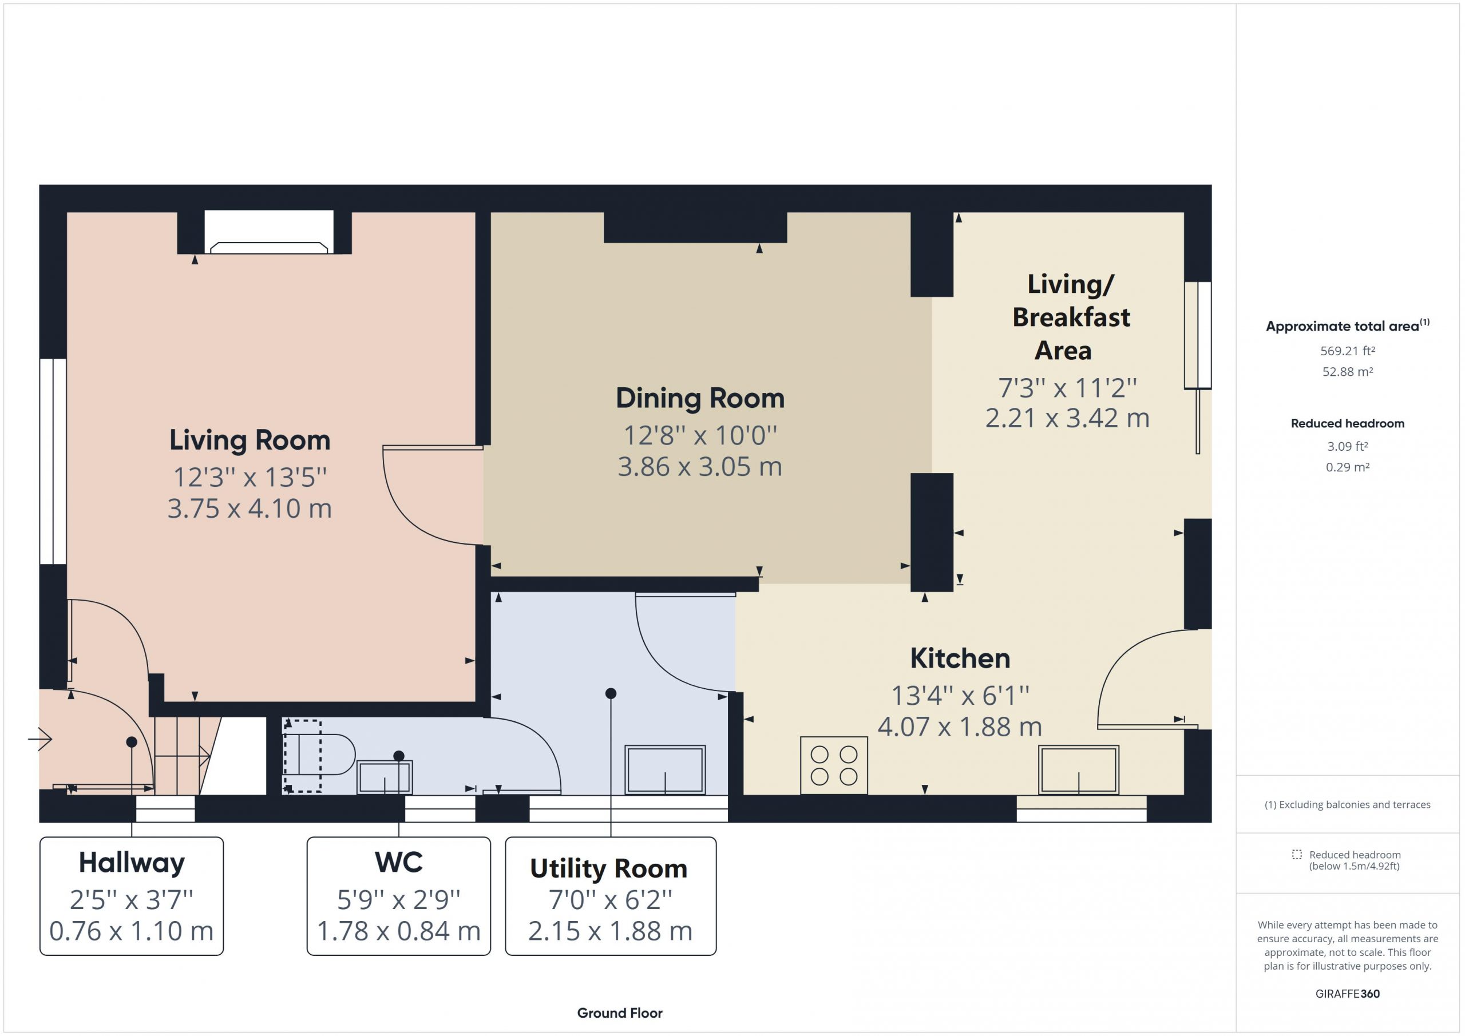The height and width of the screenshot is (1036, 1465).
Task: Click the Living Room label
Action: pyautogui.click(x=250, y=440)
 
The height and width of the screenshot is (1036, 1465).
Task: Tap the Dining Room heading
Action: pyautogui.click(x=700, y=399)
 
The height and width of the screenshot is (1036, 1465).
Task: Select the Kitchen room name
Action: pyautogui.click(x=960, y=658)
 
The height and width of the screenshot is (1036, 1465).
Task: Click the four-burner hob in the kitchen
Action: pyautogui.click(x=834, y=765)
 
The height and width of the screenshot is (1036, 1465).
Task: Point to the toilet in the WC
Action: pyautogui.click(x=319, y=756)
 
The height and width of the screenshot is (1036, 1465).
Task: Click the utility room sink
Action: pyautogui.click(x=665, y=769)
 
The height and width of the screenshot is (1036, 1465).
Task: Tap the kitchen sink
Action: pyautogui.click(x=1078, y=769)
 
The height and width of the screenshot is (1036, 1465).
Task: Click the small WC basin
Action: pyautogui.click(x=384, y=777)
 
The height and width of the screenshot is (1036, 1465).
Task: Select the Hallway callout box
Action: pyautogui.click(x=132, y=896)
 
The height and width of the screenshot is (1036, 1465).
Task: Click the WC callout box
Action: pyautogui.click(x=399, y=896)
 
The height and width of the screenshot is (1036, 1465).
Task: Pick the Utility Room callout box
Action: pyautogui.click(x=611, y=896)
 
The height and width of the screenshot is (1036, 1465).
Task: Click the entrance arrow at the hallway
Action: pyautogui.click(x=40, y=739)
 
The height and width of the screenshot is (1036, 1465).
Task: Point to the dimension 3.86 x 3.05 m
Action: pyautogui.click(x=700, y=467)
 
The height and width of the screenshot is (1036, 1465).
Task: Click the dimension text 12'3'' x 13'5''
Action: pyautogui.click(x=250, y=477)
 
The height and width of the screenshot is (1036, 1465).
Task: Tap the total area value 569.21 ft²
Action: pyautogui.click(x=1347, y=351)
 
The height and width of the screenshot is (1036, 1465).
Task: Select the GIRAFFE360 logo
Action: pyautogui.click(x=1347, y=994)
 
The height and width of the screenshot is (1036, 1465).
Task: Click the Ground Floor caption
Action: pyautogui.click(x=620, y=1013)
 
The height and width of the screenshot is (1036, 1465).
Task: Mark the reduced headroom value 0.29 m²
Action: pyautogui.click(x=1347, y=467)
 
